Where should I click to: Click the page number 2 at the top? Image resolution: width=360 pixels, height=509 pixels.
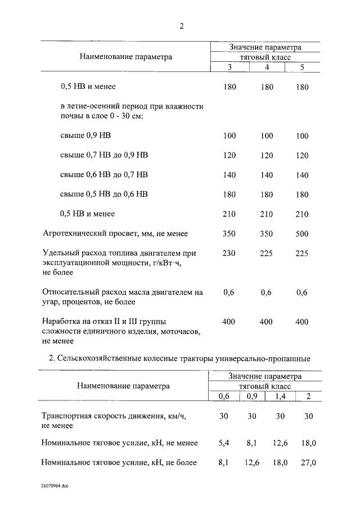click(181, 26)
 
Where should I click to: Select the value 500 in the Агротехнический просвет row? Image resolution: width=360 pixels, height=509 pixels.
click(302, 233)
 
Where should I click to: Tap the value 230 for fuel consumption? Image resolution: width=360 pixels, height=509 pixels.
click(229, 254)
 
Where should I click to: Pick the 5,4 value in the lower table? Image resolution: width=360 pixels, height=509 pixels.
click(224, 443)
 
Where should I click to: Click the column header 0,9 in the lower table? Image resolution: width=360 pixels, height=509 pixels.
click(252, 397)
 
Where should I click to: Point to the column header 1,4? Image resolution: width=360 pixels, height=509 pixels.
click(280, 397)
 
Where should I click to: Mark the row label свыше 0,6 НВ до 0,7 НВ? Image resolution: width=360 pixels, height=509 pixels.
click(104, 175)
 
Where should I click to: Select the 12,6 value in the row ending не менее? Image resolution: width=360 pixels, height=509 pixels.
click(280, 443)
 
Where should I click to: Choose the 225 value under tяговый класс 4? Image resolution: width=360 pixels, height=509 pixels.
click(267, 254)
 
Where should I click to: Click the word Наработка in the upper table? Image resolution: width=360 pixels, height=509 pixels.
click(61, 322)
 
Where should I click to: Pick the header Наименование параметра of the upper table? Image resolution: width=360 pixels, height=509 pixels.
click(125, 56)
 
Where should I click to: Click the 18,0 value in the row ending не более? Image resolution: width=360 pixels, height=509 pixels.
click(280, 463)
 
